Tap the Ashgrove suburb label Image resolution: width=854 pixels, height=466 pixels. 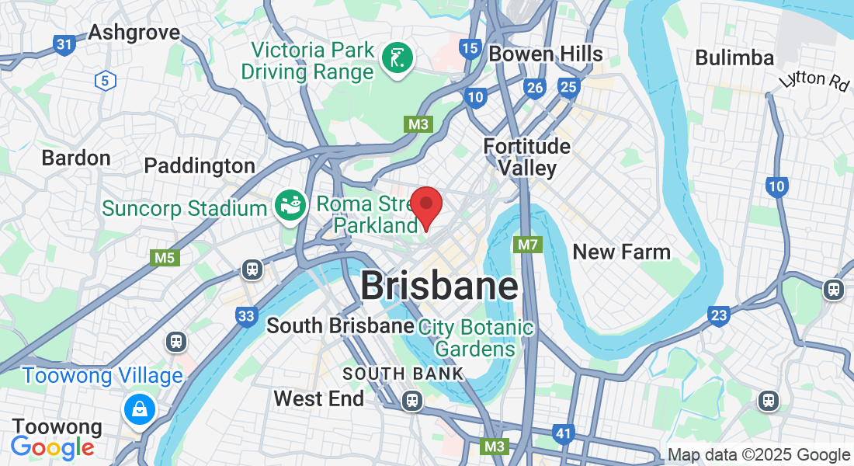click(134, 33)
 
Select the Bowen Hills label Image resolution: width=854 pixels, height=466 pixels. click(546, 54)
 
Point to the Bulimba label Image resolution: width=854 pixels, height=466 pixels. click(734, 57)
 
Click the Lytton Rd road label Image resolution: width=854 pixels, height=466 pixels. click(814, 80)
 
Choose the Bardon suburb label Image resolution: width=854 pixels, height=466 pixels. click(76, 158)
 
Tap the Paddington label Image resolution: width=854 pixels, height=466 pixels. click(200, 165)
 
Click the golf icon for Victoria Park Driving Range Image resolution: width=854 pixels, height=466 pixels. click(397, 58)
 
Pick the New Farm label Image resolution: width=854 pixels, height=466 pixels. click(621, 252)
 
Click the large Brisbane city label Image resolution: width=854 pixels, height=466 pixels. click(439, 286)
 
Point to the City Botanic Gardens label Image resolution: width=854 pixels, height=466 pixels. click(476, 338)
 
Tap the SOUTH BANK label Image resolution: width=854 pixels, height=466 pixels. click(403, 374)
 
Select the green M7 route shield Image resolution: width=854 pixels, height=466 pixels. click(528, 245)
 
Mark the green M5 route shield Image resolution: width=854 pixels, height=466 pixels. click(165, 258)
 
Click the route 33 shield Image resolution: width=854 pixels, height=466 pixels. click(247, 316)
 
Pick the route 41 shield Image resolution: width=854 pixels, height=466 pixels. click(564, 433)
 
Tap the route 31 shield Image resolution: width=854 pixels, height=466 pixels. click(64, 45)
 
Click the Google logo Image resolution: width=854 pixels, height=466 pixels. click(52, 447)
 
